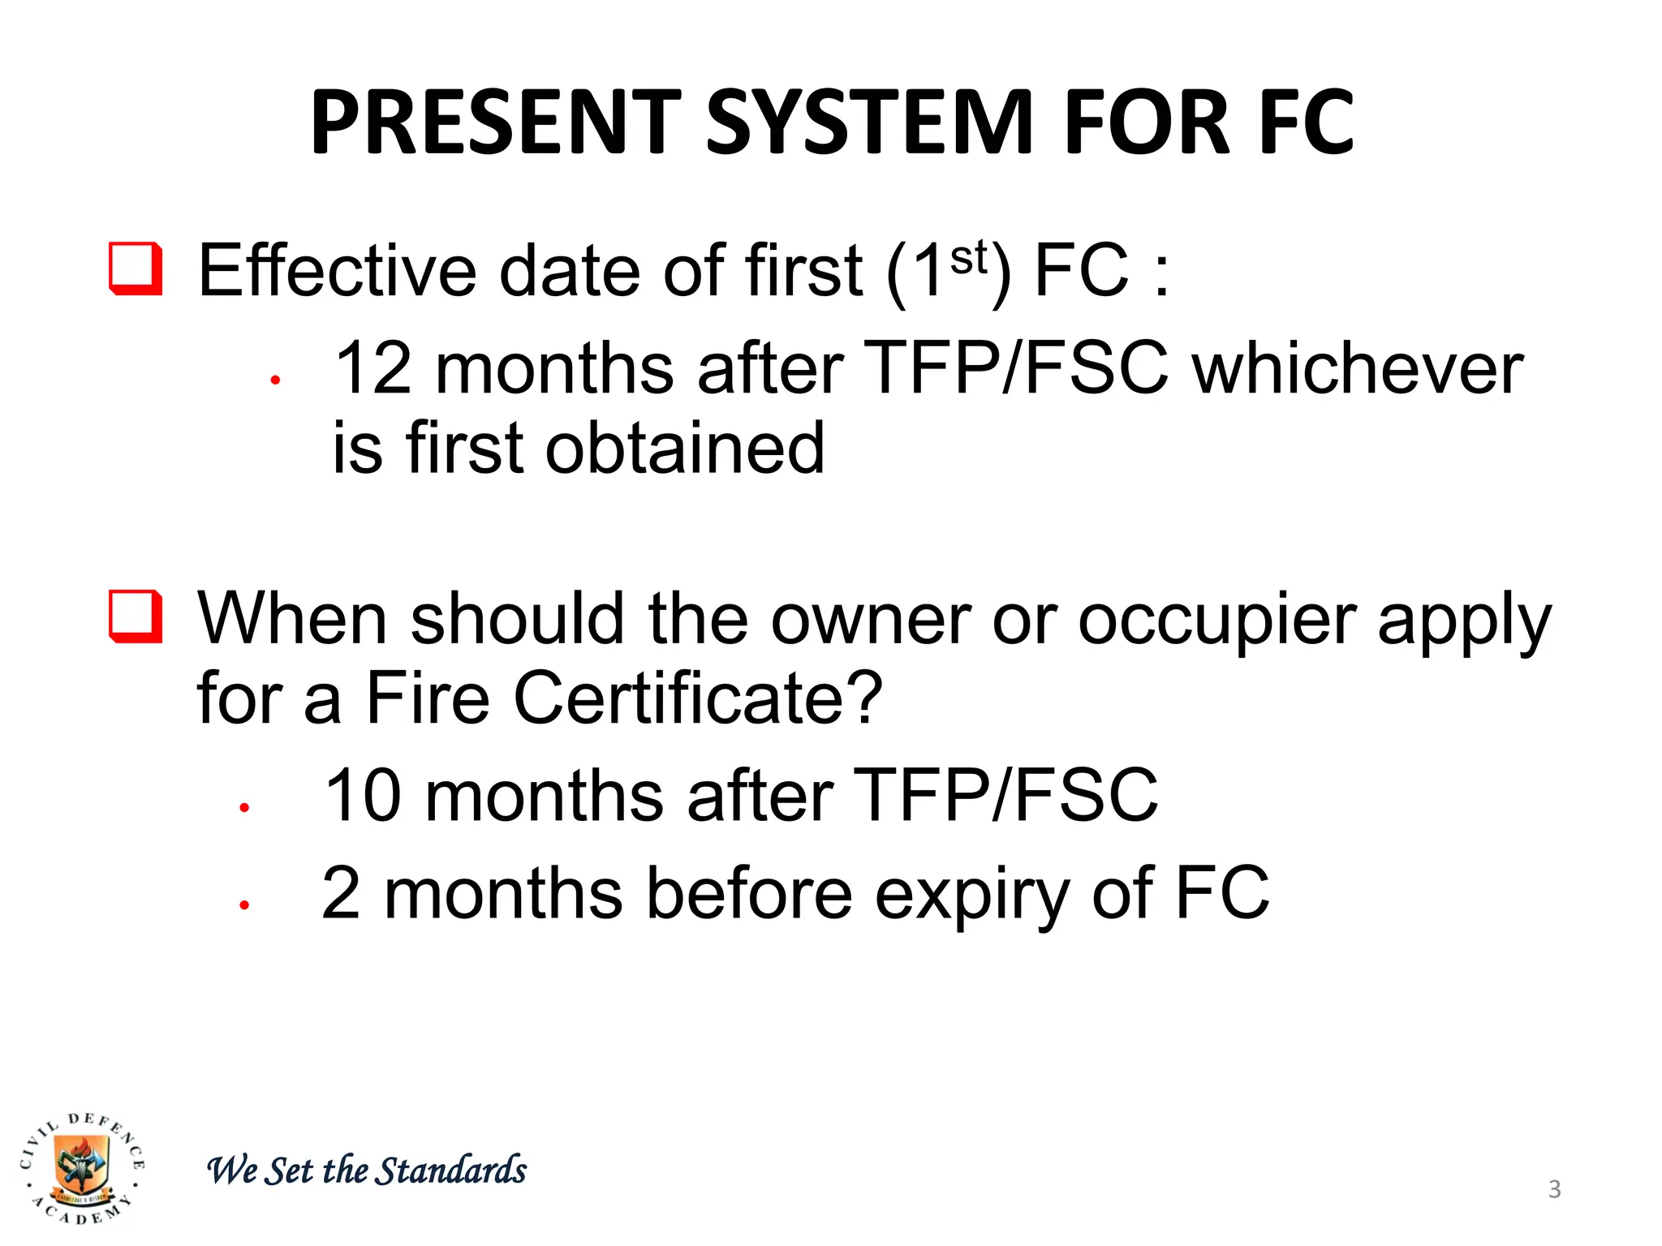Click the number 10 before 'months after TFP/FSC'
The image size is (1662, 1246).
click(x=362, y=796)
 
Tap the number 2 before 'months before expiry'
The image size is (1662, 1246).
click(x=341, y=893)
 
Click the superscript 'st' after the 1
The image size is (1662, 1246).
click(x=968, y=259)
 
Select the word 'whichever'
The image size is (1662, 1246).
click(x=1359, y=369)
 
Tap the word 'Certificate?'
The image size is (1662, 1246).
click(x=698, y=698)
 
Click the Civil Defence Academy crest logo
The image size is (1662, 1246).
click(x=82, y=1169)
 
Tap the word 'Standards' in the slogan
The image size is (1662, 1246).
click(x=453, y=1171)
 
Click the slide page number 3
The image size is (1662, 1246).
click(x=1554, y=1189)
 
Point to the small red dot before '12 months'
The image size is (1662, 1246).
click(x=276, y=379)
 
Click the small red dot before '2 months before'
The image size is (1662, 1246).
click(x=243, y=904)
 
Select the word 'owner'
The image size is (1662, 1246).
click(x=871, y=621)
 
